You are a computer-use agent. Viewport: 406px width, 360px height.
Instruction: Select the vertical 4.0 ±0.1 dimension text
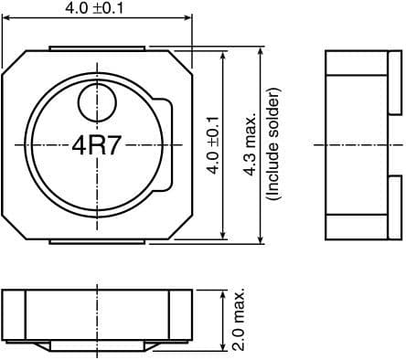click(x=213, y=144)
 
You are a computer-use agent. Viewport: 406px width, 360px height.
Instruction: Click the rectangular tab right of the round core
click(x=165, y=144)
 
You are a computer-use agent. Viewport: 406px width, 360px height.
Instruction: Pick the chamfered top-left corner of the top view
click(x=12, y=60)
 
